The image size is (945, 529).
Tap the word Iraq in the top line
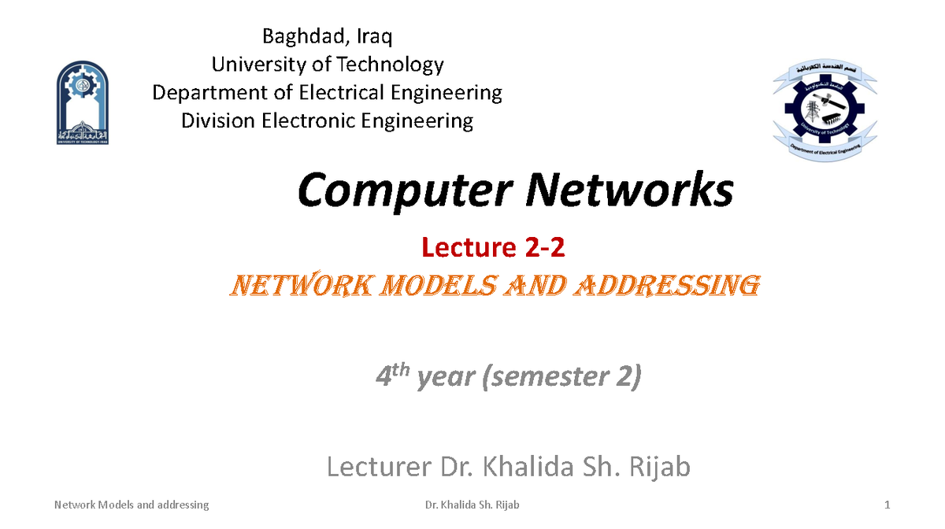[373, 36]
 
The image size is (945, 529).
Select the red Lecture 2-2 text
[494, 248]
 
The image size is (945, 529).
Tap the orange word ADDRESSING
[669, 284]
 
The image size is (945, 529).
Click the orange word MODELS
[433, 284]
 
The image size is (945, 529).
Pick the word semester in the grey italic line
[543, 377]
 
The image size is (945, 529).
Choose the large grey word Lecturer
[377, 468]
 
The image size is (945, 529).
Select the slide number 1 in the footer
[887, 505]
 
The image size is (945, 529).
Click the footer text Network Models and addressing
[132, 505]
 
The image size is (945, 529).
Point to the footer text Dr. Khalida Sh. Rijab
[472, 505]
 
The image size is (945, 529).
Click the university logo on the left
[83, 103]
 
